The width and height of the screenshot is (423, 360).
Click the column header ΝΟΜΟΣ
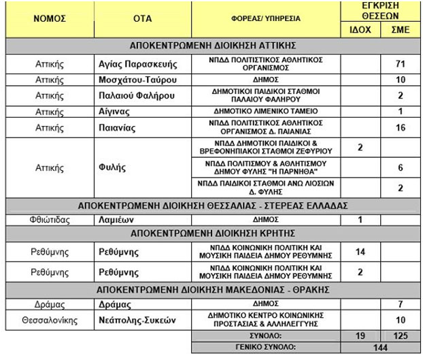tap(50, 19)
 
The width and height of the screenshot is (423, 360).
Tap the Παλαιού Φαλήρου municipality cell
tap(135, 95)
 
